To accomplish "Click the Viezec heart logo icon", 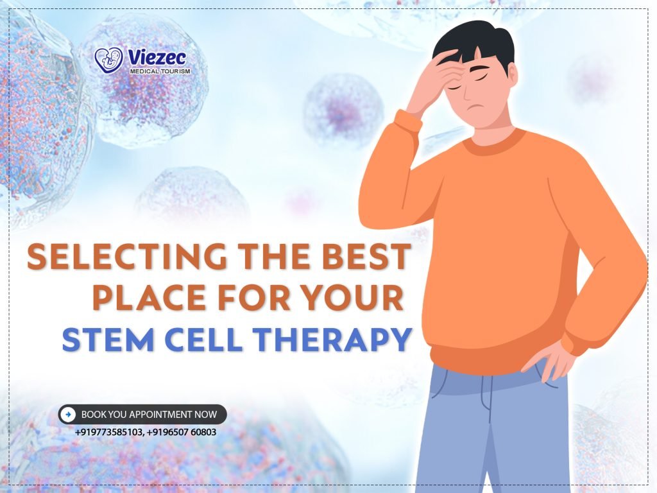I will [108, 60].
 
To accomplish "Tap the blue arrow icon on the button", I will [69, 415].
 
